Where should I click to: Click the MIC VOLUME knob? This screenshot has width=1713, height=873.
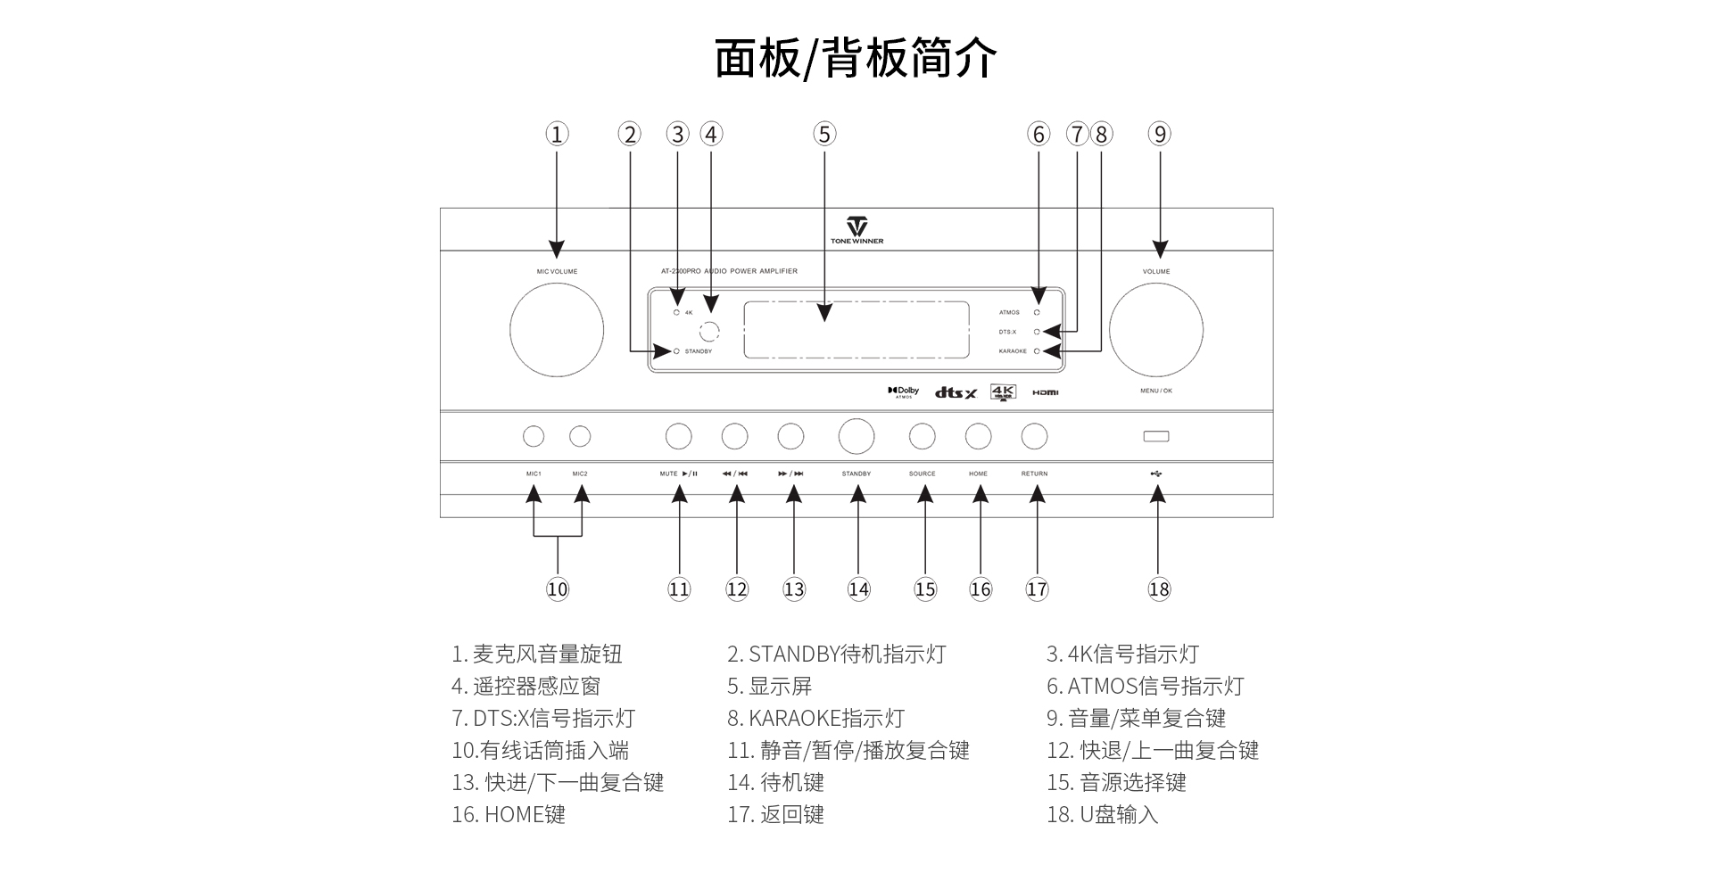557,330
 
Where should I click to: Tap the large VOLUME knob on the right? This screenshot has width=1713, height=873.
1156,330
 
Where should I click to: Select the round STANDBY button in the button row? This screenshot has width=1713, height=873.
856,436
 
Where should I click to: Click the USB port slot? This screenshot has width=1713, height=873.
1156,436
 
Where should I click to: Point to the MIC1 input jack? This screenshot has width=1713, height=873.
534,436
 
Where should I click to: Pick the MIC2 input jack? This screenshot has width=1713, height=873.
580,436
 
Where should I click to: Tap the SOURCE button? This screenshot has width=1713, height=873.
922,436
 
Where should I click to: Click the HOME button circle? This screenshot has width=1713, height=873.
978,436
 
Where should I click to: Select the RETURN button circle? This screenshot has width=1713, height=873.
1034,436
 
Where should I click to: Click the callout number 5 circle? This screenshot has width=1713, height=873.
824,135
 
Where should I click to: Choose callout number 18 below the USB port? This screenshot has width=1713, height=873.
1159,589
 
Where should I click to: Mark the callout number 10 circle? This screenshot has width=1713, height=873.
558,589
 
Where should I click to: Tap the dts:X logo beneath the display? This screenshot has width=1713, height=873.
956,392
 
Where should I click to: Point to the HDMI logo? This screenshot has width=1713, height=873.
1045,392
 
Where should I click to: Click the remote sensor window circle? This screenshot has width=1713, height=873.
709,332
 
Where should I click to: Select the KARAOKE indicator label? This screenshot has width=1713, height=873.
1013,351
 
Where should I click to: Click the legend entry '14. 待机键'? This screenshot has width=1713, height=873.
775,783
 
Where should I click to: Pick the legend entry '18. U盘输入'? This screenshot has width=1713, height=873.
1102,815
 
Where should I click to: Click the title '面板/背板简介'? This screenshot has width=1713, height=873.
856,59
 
